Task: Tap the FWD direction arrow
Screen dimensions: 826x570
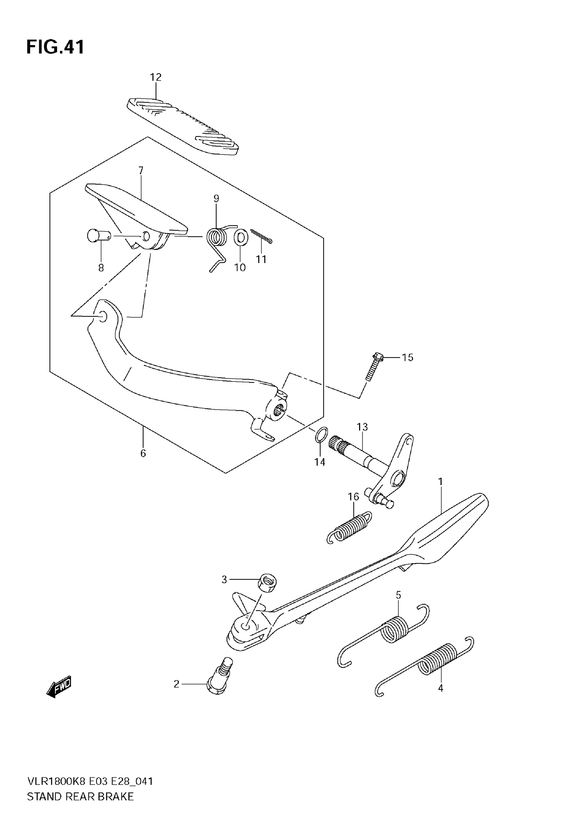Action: [x=59, y=686]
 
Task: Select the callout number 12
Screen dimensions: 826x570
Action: [x=156, y=77]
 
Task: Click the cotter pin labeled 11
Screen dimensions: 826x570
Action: [x=262, y=236]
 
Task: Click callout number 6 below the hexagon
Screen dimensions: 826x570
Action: [x=143, y=453]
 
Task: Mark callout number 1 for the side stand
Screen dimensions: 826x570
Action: [x=440, y=482]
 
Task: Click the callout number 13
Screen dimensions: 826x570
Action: [x=362, y=427]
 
